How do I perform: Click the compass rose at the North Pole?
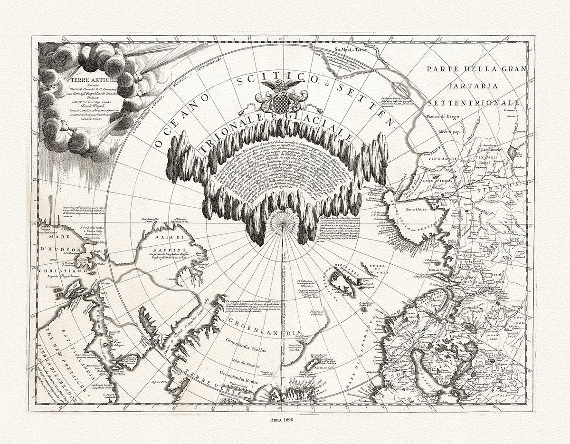click(x=282, y=223)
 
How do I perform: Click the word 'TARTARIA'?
click(x=475, y=86)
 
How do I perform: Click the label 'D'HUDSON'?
click(x=59, y=249)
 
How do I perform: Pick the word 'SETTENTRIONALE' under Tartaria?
click(x=475, y=103)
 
